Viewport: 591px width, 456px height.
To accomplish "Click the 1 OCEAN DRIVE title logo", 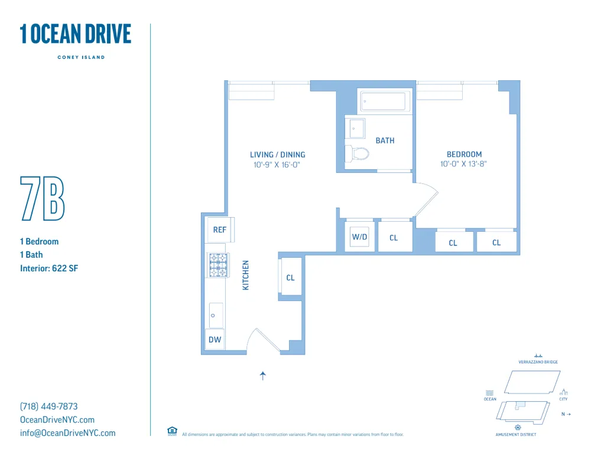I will click(x=75, y=34).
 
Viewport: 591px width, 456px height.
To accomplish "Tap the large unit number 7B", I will click(x=42, y=198).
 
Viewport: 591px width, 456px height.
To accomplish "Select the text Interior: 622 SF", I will click(x=49, y=268).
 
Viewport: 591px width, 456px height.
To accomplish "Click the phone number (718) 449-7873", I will click(x=49, y=406).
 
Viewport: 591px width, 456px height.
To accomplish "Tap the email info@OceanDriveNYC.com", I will click(x=68, y=433).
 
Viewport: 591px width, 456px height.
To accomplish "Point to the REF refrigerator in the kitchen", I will click(x=219, y=229).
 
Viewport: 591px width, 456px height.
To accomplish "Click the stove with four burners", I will click(x=218, y=265).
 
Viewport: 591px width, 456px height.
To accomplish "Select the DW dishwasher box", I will click(x=215, y=339).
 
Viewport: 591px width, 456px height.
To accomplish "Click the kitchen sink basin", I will click(x=216, y=315).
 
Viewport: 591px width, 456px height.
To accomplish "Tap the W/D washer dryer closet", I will click(x=359, y=237).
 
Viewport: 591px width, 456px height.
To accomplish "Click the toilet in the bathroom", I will click(x=358, y=153).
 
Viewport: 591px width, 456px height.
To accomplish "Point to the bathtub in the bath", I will click(x=384, y=101).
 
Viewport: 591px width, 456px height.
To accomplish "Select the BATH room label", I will click(x=385, y=140).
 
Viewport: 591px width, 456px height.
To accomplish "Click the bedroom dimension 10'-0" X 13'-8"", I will click(x=464, y=164).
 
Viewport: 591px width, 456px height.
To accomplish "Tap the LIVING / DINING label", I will click(x=277, y=155).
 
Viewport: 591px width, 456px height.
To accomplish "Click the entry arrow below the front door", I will click(x=263, y=375).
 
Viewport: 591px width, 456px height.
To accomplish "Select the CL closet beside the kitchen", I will click(x=290, y=277).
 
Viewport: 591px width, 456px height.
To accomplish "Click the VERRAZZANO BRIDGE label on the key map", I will click(x=538, y=362).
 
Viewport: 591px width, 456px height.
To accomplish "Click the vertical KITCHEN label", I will click(x=246, y=275).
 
